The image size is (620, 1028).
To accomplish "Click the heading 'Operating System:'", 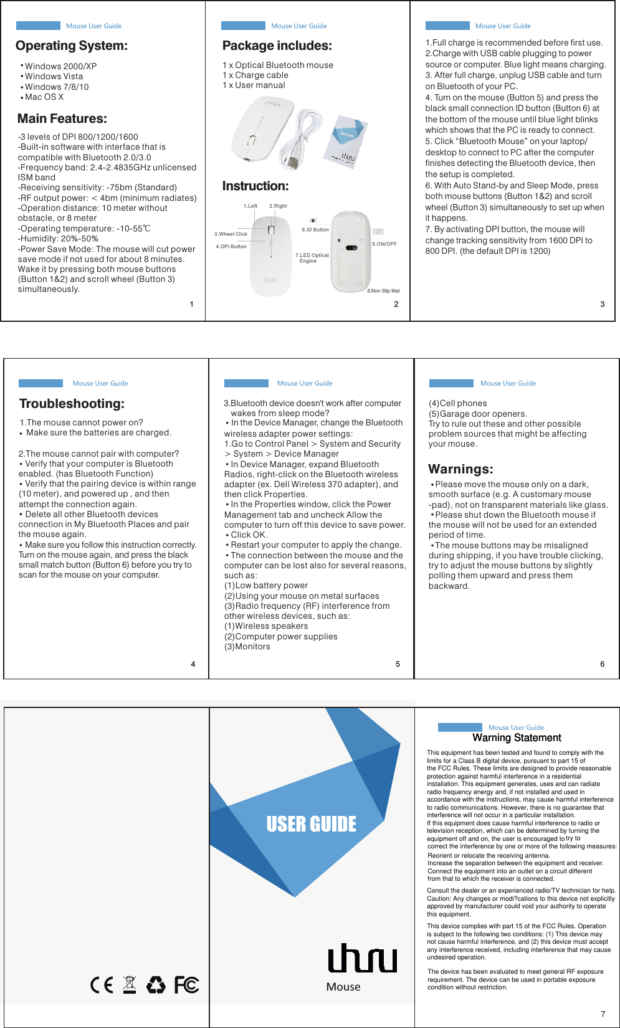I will point(72,46).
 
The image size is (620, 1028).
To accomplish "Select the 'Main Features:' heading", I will point(62,119).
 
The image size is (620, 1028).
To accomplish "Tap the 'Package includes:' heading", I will point(277,46).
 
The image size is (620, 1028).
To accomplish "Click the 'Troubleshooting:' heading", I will point(72,404).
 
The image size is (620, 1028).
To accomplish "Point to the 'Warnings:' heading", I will point(460,469).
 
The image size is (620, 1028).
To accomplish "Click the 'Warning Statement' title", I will point(517,738).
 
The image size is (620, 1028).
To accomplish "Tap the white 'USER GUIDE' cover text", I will point(311,824).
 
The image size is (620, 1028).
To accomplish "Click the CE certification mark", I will point(102,985).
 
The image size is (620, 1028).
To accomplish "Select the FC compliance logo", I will point(186,985).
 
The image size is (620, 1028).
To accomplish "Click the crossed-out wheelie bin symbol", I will point(130,984).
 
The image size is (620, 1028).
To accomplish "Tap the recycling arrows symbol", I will point(156,985).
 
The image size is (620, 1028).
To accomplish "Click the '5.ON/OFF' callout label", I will point(384,244).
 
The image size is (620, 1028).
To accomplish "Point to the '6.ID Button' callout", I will point(315,230).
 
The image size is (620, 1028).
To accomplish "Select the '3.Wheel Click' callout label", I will point(231,234).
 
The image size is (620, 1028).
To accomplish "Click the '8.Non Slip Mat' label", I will point(383,291).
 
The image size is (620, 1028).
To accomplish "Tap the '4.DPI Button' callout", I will point(231,246).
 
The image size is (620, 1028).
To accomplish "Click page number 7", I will point(603,1014).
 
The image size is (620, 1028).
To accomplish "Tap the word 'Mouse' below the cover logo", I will point(343,987).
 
